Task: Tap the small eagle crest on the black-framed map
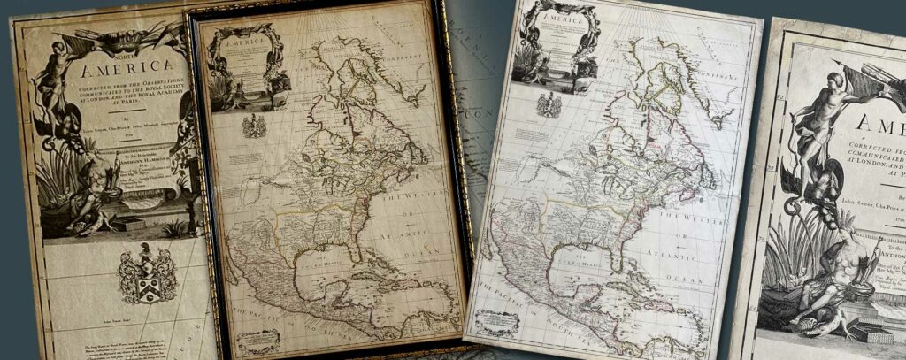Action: (254, 126)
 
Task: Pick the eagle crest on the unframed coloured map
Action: (549, 104)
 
